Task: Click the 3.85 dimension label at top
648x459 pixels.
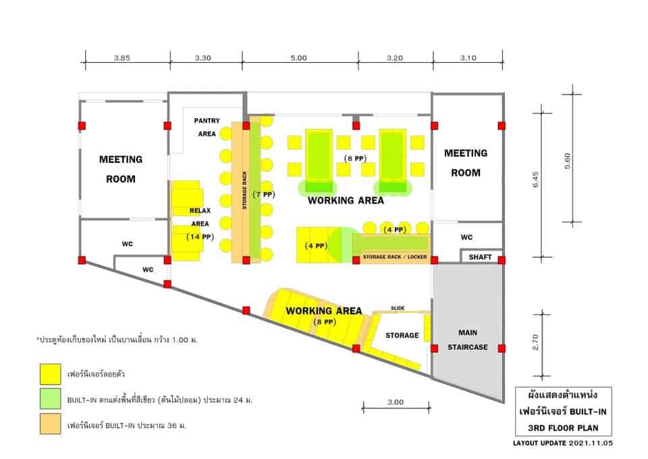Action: point(122,58)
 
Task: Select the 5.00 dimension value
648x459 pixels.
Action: point(298,58)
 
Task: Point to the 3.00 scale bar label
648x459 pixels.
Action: point(396,402)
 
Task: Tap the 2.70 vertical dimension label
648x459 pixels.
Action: point(535,342)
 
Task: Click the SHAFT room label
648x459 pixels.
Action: point(480,257)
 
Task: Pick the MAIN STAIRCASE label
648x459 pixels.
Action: point(468,340)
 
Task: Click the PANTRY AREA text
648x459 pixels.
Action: point(207,127)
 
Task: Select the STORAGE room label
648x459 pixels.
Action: point(402,335)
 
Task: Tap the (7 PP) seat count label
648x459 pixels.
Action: point(263,195)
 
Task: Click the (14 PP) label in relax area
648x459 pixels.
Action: point(200,237)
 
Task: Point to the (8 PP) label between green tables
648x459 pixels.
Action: point(356,158)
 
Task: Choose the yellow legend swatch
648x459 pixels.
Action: point(51,374)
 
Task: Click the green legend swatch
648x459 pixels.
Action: point(51,399)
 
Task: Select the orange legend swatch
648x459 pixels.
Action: point(51,423)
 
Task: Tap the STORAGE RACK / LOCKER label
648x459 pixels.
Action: point(395,257)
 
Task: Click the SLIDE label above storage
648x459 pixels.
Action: point(398,308)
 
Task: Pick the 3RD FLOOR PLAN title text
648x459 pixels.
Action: point(563,427)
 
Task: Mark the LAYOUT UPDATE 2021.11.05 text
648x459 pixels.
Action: point(563,443)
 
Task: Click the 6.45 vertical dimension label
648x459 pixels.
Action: point(535,180)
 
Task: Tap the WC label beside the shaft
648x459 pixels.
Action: point(466,237)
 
